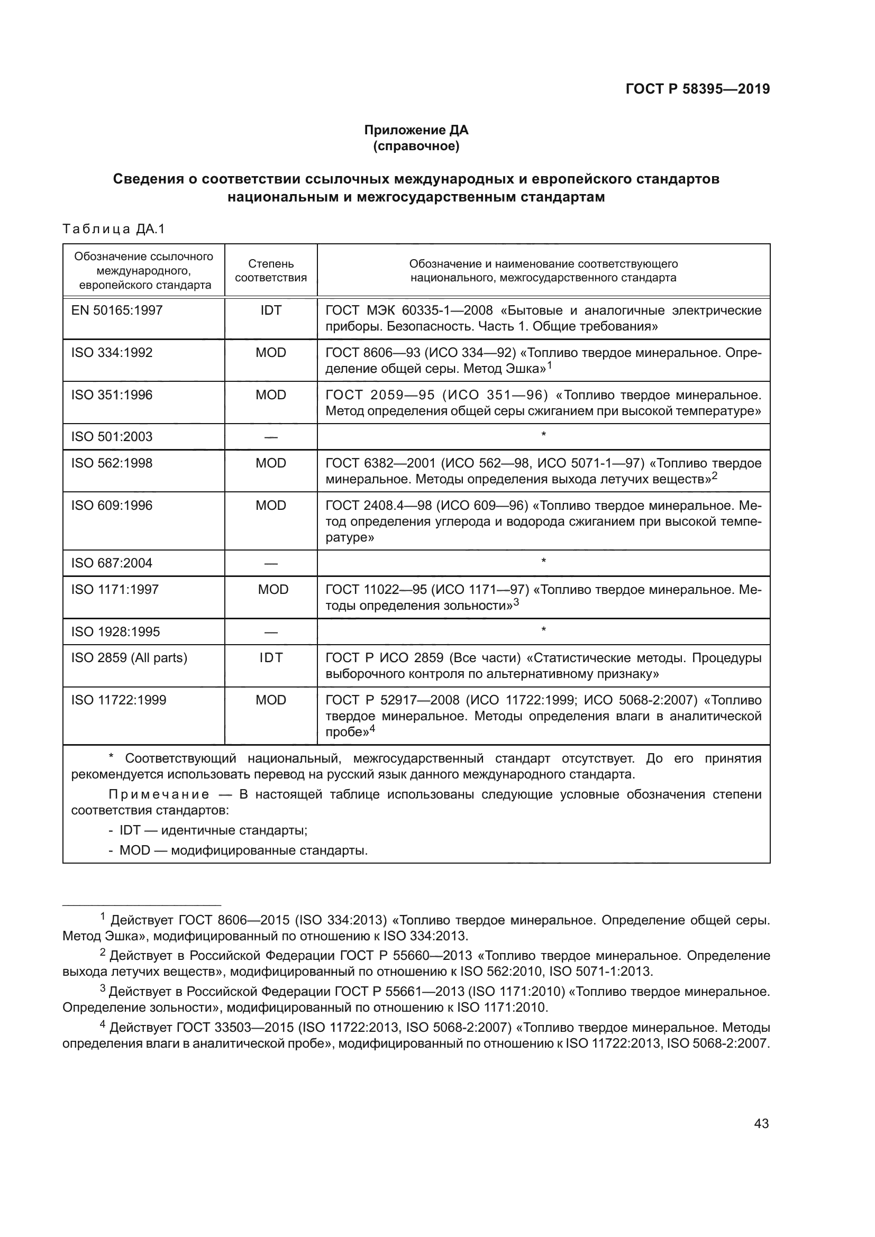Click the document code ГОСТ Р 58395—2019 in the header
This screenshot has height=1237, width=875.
697,89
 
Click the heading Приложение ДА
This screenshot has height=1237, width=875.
416,130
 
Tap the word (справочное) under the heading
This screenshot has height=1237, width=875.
416,146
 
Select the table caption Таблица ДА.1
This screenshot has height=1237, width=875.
114,229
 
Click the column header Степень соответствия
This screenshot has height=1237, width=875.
270,270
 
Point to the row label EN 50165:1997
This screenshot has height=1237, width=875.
117,310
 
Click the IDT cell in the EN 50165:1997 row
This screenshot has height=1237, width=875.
270,310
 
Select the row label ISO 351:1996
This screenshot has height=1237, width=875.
112,395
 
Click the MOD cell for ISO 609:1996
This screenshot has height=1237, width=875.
270,506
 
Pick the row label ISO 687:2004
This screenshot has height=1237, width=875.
112,563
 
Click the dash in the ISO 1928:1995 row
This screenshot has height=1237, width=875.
270,632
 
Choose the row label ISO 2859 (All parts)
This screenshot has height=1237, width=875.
129,658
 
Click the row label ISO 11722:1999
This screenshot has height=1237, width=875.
119,700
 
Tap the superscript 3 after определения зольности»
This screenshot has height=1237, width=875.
516,602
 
